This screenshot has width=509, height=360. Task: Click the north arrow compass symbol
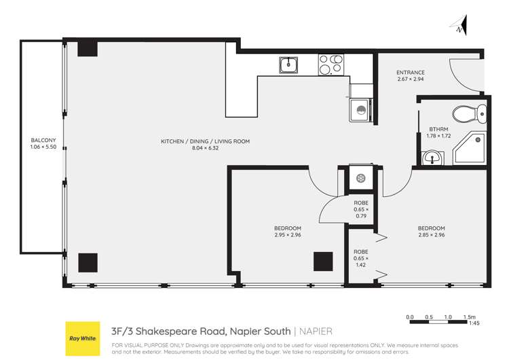pos(459,25)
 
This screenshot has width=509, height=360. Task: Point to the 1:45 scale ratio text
pos(473,324)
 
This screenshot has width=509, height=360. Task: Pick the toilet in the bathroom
pos(470,113)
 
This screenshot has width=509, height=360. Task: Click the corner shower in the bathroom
pos(471,149)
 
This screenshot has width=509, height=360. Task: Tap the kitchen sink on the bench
pos(287,65)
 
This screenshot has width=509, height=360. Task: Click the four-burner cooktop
pos(331,65)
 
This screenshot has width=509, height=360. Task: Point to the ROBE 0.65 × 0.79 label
pos(361,206)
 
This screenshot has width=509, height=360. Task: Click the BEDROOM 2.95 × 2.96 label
pos(287,232)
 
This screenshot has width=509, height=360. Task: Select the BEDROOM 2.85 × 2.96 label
pos(431,232)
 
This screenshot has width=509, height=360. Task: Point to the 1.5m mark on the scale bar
pos(468,317)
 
